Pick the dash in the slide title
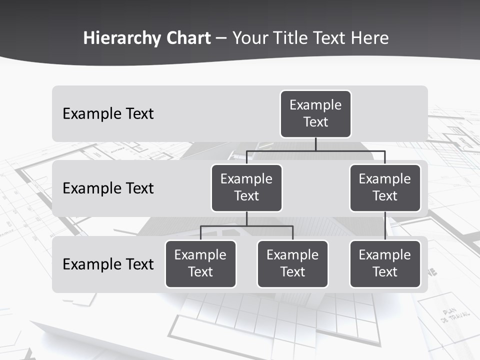[221, 39]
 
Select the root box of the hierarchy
[315, 113]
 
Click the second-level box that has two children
[246, 187]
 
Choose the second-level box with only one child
[385, 187]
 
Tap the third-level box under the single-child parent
[385, 263]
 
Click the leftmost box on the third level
[200, 263]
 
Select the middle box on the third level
[292, 263]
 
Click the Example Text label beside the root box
[108, 113]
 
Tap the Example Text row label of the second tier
[108, 188]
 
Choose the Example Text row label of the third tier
[108, 264]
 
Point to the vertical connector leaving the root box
[315, 144]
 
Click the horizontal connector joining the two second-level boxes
[315, 150]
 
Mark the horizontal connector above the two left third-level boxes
[246, 226]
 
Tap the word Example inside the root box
[315, 105]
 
